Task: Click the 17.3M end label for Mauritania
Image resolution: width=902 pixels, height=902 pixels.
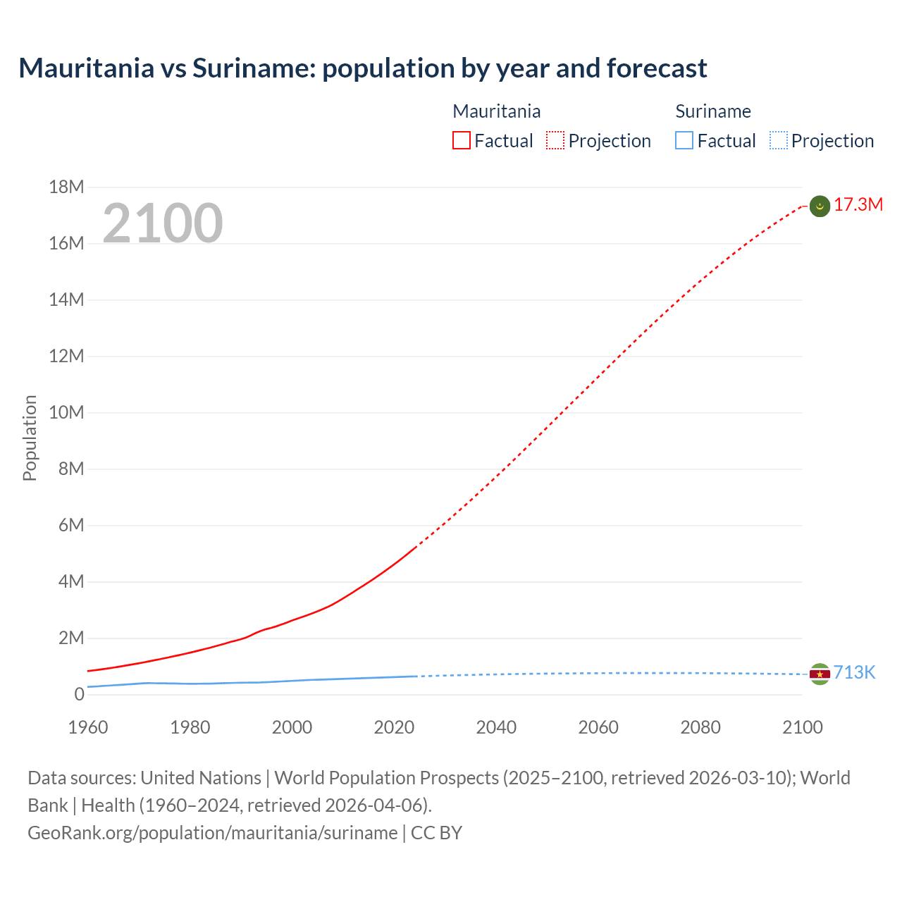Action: tap(858, 205)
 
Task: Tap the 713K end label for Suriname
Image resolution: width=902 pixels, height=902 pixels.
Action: tap(854, 673)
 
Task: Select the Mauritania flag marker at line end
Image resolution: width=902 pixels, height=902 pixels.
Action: tap(820, 206)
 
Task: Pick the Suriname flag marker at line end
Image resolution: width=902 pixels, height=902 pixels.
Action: tap(820, 674)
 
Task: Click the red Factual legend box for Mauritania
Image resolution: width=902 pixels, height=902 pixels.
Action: tap(461, 141)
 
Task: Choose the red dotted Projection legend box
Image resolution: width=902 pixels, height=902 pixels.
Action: tap(555, 141)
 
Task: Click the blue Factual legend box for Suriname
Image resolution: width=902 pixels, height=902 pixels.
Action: tap(684, 141)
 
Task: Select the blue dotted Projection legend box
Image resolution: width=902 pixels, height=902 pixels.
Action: tap(779, 141)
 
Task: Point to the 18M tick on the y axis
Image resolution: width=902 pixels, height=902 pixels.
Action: tap(66, 187)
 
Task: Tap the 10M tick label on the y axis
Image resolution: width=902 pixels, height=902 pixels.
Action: tap(66, 413)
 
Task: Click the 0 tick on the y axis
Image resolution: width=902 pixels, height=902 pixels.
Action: tap(79, 695)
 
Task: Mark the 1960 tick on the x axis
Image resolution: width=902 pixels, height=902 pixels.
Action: tap(88, 727)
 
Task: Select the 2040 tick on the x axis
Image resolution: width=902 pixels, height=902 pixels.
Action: tap(496, 727)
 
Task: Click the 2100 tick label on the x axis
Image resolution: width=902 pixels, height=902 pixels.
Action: tap(802, 727)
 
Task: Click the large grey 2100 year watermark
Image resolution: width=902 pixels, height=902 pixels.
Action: tap(163, 223)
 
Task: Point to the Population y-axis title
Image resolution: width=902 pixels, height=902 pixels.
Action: tap(30, 438)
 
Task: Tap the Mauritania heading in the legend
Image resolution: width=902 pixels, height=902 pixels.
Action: tap(496, 111)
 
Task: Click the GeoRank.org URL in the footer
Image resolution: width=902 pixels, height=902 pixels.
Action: tap(212, 833)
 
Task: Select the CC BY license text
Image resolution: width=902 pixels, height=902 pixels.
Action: tap(436, 833)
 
